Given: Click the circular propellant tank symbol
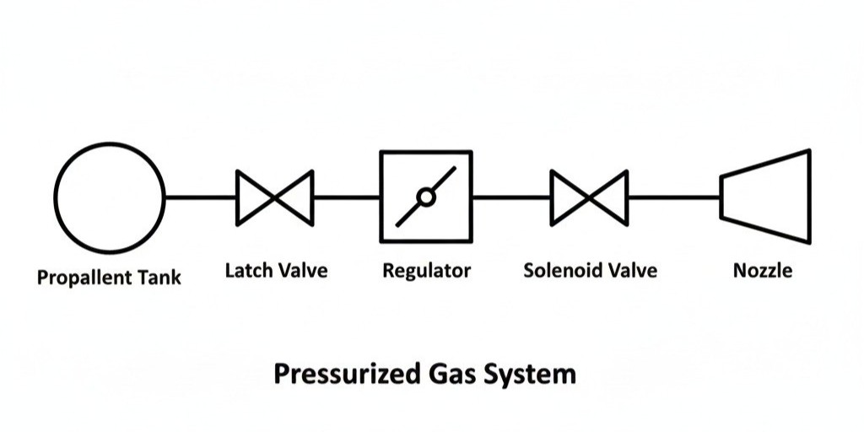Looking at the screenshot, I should click(x=111, y=197).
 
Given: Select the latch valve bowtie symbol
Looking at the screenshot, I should click(x=275, y=197).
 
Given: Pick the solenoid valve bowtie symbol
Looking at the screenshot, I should click(x=589, y=197).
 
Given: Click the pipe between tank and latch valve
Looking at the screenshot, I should click(x=201, y=197).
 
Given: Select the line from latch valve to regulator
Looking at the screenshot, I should click(x=346, y=197).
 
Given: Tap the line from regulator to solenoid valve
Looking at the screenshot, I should click(x=511, y=197).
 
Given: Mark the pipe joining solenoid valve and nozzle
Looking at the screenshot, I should click(x=673, y=197).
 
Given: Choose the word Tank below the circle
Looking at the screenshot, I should click(x=161, y=277).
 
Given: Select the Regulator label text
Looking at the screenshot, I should click(x=426, y=273).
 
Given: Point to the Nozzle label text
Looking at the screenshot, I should click(x=763, y=271).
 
